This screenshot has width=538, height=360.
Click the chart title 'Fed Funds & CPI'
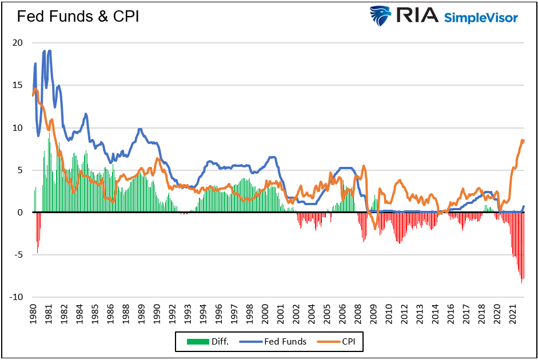point(78,17)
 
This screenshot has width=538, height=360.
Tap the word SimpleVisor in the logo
point(481,17)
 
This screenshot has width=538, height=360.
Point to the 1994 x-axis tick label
point(202,314)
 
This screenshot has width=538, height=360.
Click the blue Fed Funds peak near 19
point(50,51)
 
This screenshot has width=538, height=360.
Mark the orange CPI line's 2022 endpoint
point(523,141)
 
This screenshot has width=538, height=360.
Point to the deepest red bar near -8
point(521,283)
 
